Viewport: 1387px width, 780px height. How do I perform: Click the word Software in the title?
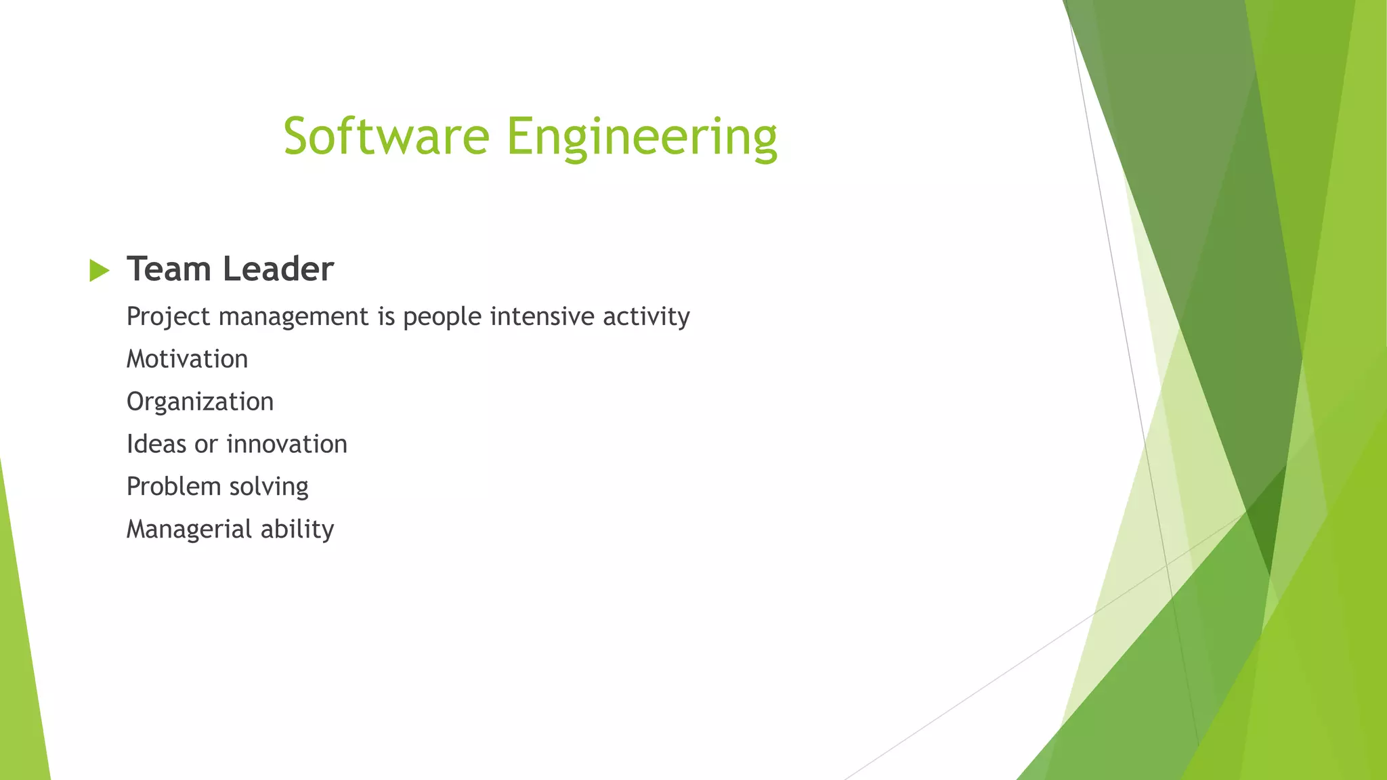(386, 136)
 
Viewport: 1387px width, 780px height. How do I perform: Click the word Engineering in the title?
(641, 137)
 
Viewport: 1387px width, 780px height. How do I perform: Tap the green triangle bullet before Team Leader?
(99, 271)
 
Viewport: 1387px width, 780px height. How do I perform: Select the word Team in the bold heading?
(169, 269)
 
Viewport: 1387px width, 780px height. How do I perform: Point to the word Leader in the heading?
(278, 269)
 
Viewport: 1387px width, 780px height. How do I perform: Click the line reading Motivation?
(188, 359)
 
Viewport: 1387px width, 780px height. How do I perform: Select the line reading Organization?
(200, 402)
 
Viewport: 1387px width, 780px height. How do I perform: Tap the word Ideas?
(156, 444)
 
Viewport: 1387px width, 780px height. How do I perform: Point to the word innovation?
(286, 444)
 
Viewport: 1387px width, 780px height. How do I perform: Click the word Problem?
(173, 486)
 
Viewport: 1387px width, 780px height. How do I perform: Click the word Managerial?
(188, 529)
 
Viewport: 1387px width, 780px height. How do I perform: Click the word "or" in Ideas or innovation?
(206, 445)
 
